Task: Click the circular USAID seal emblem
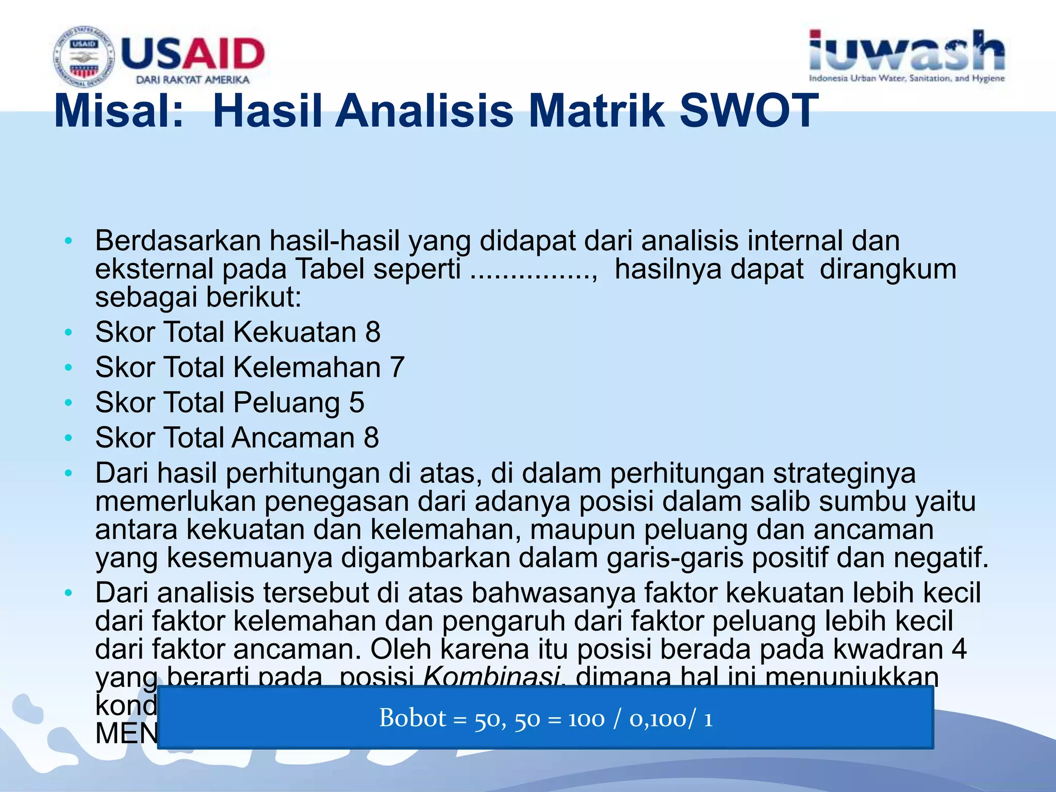(x=83, y=56)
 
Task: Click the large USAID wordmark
(x=193, y=54)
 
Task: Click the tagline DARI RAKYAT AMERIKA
(x=192, y=80)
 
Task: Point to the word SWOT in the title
(x=749, y=111)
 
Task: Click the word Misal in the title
(x=119, y=111)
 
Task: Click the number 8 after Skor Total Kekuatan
(x=373, y=332)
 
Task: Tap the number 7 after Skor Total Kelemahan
(x=397, y=368)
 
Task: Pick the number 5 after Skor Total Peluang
(x=356, y=403)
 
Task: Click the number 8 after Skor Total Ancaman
(x=371, y=438)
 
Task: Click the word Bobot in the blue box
(x=412, y=718)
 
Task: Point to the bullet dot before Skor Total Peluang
(x=69, y=403)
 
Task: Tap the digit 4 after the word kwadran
(x=959, y=649)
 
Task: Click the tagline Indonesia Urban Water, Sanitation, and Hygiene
(x=906, y=78)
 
